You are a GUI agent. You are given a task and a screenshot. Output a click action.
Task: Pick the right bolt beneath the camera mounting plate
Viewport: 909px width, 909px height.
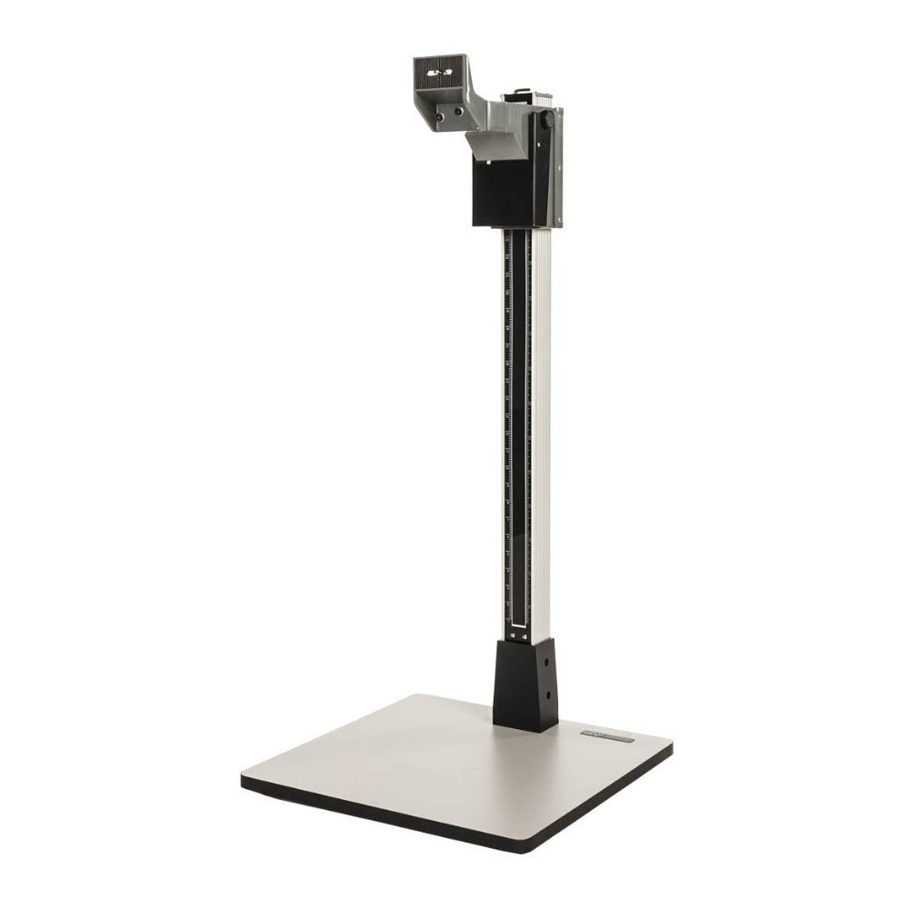pyautogui.click(x=458, y=112)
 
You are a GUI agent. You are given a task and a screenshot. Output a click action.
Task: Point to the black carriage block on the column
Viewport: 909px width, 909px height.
pyautogui.click(x=504, y=195)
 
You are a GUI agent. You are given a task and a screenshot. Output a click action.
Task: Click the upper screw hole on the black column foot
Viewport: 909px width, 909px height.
pyautogui.click(x=545, y=662)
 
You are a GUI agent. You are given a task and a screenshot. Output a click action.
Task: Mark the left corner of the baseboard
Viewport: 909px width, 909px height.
pyautogui.click(x=246, y=782)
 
